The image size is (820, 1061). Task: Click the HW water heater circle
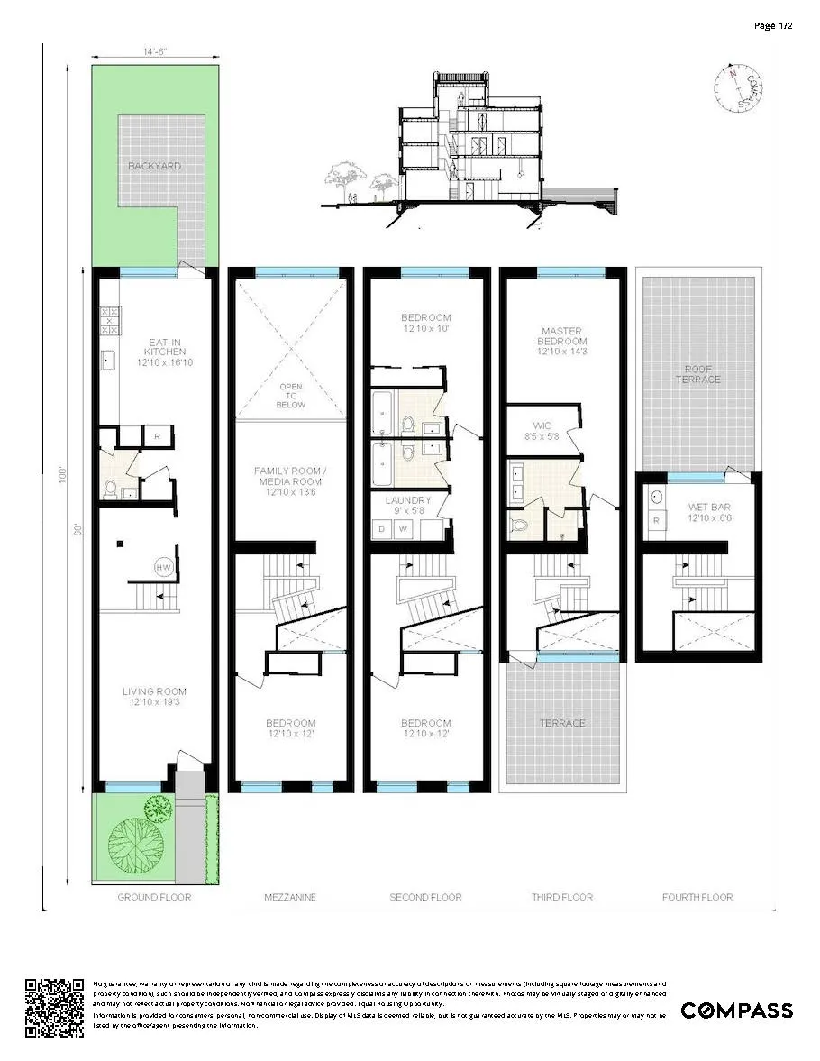164,567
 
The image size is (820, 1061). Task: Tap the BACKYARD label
153,167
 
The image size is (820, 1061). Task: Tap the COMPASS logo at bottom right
736,1011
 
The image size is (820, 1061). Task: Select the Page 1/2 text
773,25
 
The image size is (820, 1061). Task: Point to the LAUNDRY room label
409,506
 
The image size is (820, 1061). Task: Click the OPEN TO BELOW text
290,397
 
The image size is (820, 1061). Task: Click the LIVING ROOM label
154,698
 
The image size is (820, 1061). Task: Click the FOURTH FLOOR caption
697,897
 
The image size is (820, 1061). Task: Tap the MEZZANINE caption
289,897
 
